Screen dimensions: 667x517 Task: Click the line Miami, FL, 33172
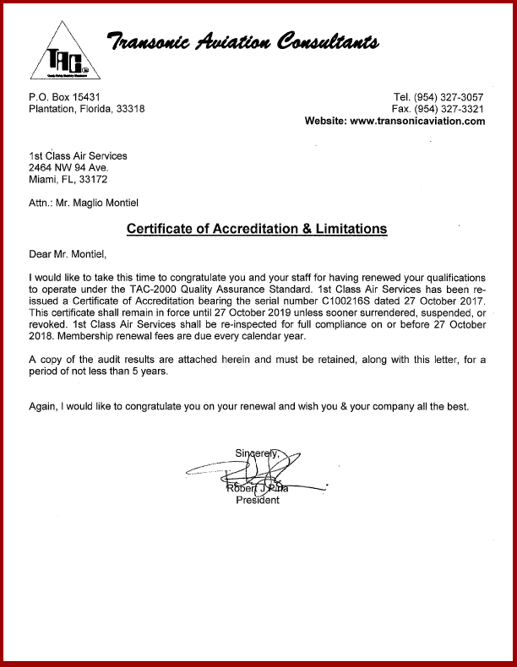pyautogui.click(x=68, y=179)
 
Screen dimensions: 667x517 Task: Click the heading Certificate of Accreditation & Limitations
pyautogui.click(x=257, y=229)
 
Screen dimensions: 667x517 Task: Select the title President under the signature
pyautogui.click(x=258, y=500)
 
